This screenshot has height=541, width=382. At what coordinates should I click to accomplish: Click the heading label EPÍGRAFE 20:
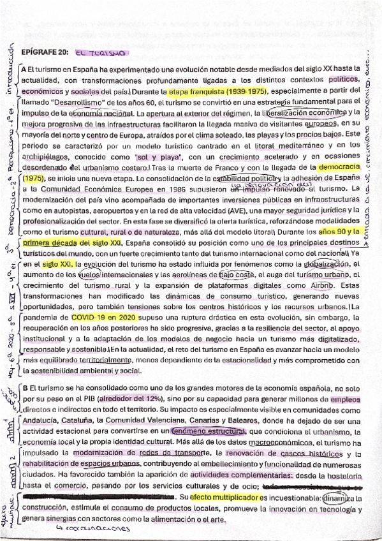[45, 54]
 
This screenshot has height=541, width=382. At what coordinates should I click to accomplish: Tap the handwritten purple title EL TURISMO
[101, 54]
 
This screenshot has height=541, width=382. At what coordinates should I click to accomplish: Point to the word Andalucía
[43, 422]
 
